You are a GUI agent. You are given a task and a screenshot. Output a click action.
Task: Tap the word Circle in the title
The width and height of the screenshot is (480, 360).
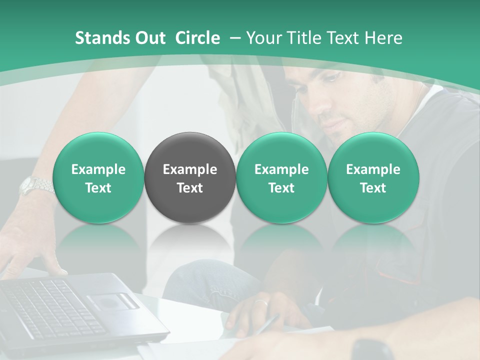click(x=197, y=38)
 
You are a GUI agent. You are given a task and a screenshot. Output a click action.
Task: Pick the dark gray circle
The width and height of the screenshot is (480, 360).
click(x=190, y=178)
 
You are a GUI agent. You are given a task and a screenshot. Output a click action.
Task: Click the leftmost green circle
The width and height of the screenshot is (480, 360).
click(x=98, y=178)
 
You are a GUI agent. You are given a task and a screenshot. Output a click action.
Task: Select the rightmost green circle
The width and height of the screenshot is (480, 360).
click(x=373, y=178)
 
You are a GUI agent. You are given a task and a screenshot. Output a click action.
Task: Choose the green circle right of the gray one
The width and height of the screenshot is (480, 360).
click(x=281, y=178)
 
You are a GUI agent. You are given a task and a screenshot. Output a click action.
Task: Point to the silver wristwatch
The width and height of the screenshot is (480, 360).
click(x=36, y=185)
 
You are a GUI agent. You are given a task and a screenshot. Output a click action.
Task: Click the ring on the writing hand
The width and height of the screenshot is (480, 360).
click(x=260, y=302)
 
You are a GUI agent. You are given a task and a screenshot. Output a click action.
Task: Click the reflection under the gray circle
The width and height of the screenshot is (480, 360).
click(x=190, y=245)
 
